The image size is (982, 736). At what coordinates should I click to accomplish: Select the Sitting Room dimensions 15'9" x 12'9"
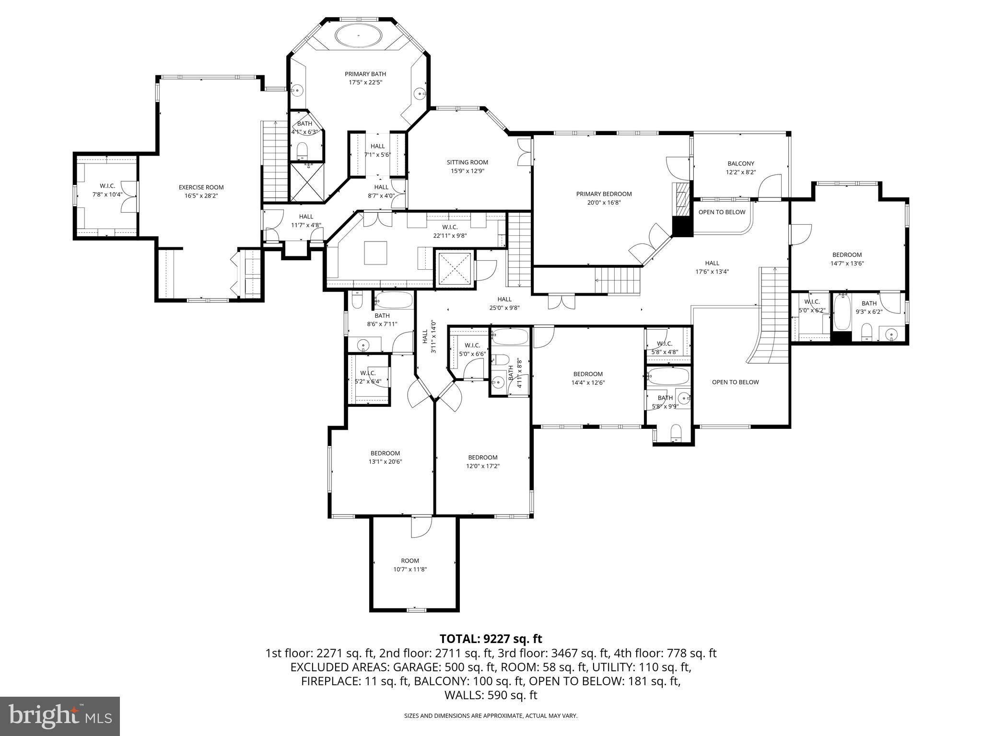(x=468, y=171)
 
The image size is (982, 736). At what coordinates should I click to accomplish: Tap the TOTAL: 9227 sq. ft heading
(x=491, y=639)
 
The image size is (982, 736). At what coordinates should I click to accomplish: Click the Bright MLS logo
(x=60, y=716)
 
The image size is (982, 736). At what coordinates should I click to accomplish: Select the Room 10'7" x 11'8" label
(x=410, y=565)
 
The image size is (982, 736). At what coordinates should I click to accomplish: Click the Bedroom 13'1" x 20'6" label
(x=385, y=458)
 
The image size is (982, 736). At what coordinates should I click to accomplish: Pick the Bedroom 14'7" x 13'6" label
(x=847, y=259)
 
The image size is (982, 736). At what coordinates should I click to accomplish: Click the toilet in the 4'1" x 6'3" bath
(x=302, y=151)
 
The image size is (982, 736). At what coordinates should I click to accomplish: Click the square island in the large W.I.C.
(x=375, y=253)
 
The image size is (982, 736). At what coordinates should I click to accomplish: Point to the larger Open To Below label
(x=735, y=382)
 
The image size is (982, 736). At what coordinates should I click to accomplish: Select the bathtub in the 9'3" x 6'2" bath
(x=842, y=313)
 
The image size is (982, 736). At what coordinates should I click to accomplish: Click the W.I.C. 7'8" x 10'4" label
(x=107, y=190)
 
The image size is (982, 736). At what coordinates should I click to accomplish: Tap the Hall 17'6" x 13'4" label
(x=712, y=267)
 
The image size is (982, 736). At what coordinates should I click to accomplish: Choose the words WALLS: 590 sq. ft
(x=491, y=695)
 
